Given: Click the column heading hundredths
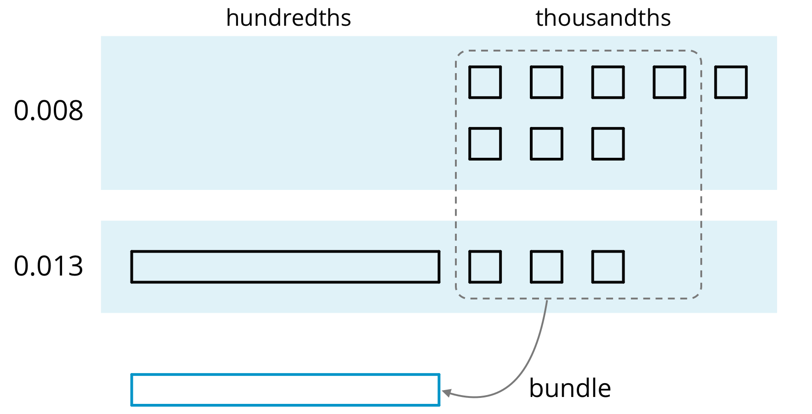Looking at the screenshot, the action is click(x=288, y=18).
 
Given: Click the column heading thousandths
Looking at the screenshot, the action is click(x=603, y=18).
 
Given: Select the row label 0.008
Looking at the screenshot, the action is click(x=48, y=111).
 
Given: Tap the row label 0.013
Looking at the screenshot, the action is click(x=48, y=266).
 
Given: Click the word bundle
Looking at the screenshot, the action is click(x=570, y=388).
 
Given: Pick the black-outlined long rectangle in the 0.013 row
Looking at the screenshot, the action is click(x=285, y=251).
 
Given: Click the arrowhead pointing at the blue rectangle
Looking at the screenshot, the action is click(x=446, y=393).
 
